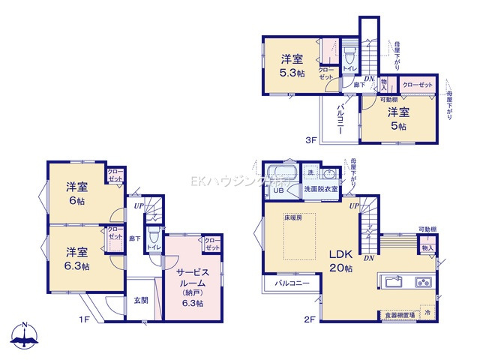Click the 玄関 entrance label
pyautogui.click(x=141, y=301)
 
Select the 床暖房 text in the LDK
pyautogui.click(x=292, y=217)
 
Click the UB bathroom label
pyautogui.click(x=277, y=190)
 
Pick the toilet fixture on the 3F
pyautogui.click(x=349, y=55)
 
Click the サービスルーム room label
pyautogui.click(x=192, y=277)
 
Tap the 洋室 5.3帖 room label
pyautogui.click(x=293, y=66)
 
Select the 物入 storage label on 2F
pyautogui.click(x=427, y=247)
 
